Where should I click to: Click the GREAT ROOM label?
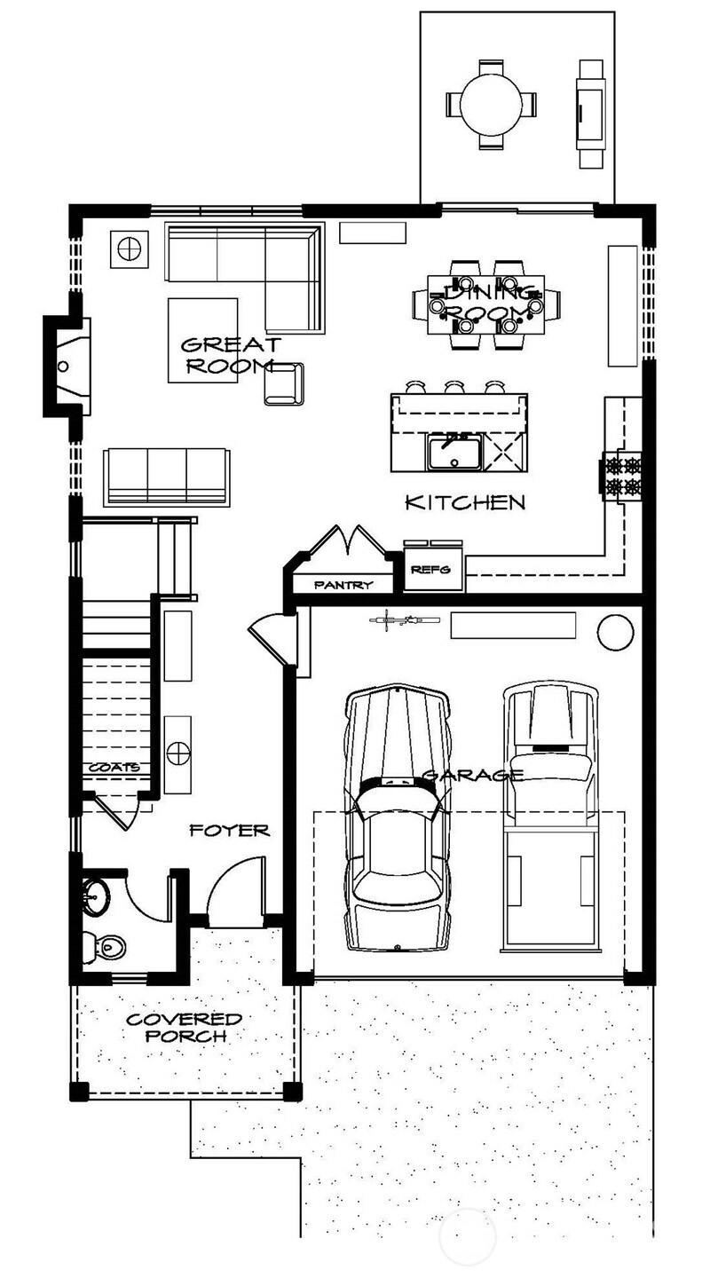click(x=229, y=354)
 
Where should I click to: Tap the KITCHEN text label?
click(x=465, y=502)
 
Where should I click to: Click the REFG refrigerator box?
click(x=433, y=572)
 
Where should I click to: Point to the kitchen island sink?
click(x=454, y=454)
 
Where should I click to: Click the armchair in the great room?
click(x=283, y=383)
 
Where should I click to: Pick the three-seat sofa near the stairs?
click(x=166, y=476)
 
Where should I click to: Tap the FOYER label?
click(x=229, y=831)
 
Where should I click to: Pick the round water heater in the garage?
click(x=615, y=631)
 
